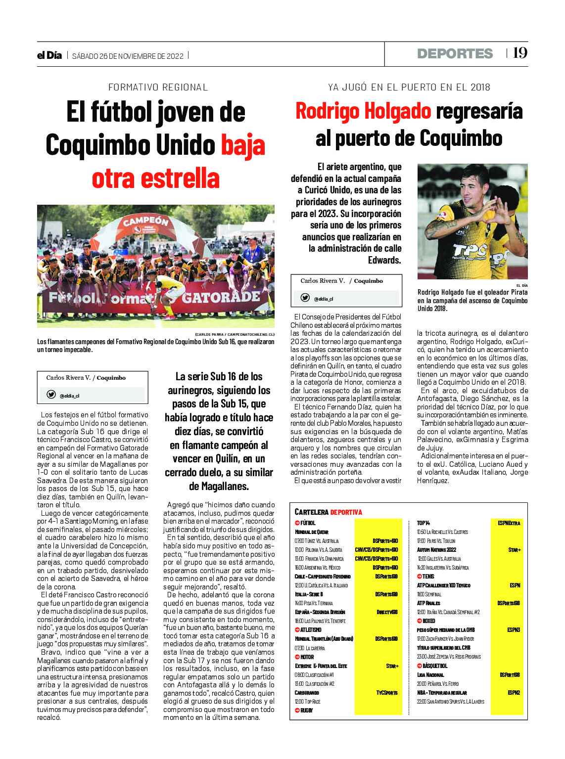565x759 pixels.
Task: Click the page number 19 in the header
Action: point(520,53)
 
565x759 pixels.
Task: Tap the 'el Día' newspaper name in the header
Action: point(49,55)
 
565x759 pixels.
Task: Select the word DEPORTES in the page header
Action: point(455,53)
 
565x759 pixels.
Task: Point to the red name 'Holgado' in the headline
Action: point(397,111)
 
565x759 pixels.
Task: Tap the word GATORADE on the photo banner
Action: point(221,297)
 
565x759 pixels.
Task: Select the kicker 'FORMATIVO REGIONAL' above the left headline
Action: point(158,88)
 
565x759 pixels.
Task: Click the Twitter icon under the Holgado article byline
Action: point(305,298)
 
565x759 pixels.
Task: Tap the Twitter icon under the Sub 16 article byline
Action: point(51,395)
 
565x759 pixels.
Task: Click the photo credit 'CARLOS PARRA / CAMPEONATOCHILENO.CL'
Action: point(235,335)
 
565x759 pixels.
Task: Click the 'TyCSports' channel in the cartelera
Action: point(386,693)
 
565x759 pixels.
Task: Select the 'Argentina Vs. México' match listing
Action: point(317,568)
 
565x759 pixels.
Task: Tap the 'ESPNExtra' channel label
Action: point(509,523)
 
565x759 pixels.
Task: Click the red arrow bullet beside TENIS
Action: point(419,577)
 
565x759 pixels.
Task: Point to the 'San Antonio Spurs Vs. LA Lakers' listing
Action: point(450,702)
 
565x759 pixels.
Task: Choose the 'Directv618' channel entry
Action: point(387,612)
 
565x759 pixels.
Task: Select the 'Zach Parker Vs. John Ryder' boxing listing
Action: point(445,639)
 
